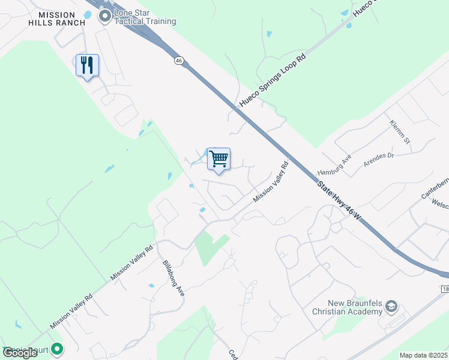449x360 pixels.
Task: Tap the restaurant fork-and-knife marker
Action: pyautogui.click(x=87, y=65)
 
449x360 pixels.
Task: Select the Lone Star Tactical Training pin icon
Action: pyautogui.click(x=106, y=16)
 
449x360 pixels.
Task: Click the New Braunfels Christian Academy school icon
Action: pyautogui.click(x=391, y=307)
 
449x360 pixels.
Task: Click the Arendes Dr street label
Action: pyautogui.click(x=378, y=160)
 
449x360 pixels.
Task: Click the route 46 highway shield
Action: pyautogui.click(x=179, y=60)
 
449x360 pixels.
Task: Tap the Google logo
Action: pyautogui.click(x=19, y=353)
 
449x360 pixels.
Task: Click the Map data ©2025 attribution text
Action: pyautogui.click(x=423, y=355)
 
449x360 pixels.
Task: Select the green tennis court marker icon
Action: pyautogui.click(x=57, y=348)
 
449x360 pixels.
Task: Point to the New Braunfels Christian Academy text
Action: pyautogui.click(x=347, y=307)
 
